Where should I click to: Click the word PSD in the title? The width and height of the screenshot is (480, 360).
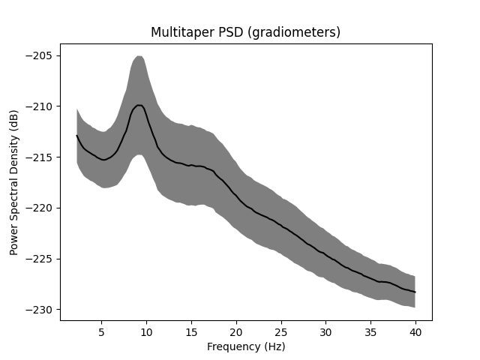click(217, 32)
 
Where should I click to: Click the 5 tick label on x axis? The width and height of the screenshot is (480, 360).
click(101, 331)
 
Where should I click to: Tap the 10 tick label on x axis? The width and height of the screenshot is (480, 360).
click(146, 331)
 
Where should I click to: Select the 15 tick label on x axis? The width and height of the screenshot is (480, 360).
click(191, 331)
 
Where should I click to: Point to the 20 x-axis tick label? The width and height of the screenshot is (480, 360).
click(236, 331)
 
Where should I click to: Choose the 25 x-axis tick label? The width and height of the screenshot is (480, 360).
click(281, 331)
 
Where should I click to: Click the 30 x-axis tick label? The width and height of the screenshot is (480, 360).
click(325, 331)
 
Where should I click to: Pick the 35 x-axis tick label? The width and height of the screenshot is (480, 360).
click(370, 331)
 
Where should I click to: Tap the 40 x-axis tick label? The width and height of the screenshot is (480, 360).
click(415, 331)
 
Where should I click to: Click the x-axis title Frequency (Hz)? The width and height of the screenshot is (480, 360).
click(246, 346)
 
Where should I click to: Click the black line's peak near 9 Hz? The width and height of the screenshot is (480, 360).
click(139, 105)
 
